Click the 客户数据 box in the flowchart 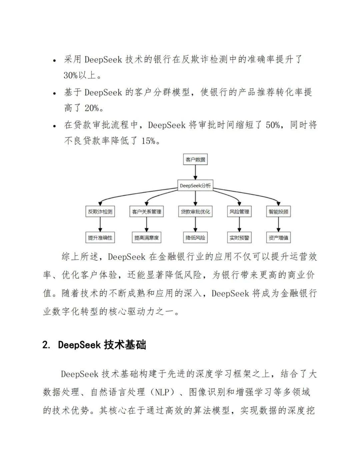tap(195, 159)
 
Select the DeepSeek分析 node tap(195, 185)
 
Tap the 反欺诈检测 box tap(100, 211)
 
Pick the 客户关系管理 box tap(147, 211)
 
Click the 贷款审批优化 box tap(195, 211)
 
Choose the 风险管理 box tap(239, 211)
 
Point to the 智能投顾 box tap(279, 211)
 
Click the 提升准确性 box tap(100, 238)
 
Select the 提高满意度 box tap(147, 238)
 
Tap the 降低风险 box tap(195, 238)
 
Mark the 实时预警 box tap(239, 238)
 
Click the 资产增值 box tap(279, 238)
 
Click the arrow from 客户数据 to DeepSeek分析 tap(195, 172)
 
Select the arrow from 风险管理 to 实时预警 tap(239, 224)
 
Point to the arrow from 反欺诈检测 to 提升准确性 tap(100, 224)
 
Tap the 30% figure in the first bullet tap(71, 75)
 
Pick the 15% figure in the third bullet tap(148, 141)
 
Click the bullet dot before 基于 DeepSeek tap(54, 93)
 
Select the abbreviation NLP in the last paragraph tap(163, 392)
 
